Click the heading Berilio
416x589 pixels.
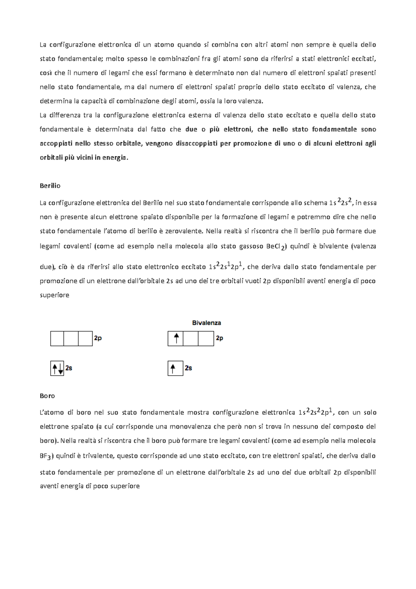coord(50,186)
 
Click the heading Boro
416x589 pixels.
coord(47,396)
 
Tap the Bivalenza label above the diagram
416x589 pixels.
coord(207,323)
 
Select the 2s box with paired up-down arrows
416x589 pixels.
coord(57,368)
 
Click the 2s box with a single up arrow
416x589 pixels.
coord(175,368)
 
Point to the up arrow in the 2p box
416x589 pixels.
coord(176,338)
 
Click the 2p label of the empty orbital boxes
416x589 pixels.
coord(98,338)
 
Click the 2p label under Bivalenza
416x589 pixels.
coord(219,338)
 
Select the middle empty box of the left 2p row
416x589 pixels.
coord(71,339)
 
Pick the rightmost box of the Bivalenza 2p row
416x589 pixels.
coord(206,339)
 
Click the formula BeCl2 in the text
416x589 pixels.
coord(276,247)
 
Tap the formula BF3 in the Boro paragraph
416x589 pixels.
coord(46,456)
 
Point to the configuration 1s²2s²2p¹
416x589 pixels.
coord(315,412)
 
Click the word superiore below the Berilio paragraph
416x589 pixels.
coord(54,295)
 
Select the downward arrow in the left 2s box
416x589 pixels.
coord(61,369)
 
